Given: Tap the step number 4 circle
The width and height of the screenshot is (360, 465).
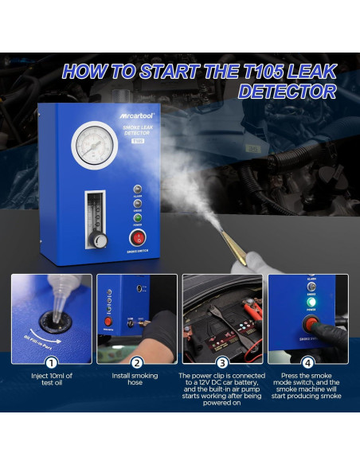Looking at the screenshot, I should [308, 360].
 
